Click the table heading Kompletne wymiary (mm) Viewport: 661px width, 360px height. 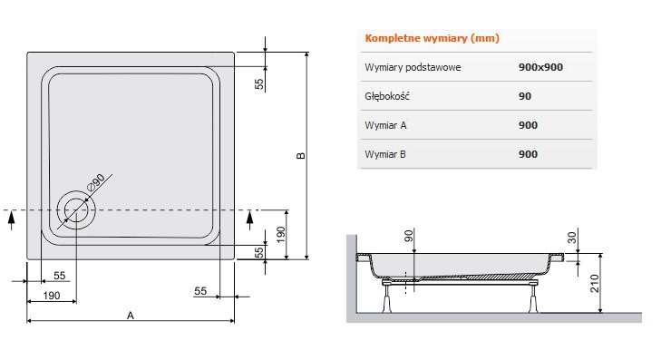click(x=431, y=39)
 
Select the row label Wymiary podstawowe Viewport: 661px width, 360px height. click(x=408, y=68)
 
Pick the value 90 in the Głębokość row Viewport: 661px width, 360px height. click(x=525, y=96)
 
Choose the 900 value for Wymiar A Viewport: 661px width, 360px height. click(x=528, y=125)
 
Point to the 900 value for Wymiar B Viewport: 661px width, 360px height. click(x=528, y=154)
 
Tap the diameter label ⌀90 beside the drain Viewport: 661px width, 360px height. click(x=97, y=181)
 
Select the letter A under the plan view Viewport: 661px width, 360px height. click(x=131, y=316)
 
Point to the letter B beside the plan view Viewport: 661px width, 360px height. click(x=301, y=156)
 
